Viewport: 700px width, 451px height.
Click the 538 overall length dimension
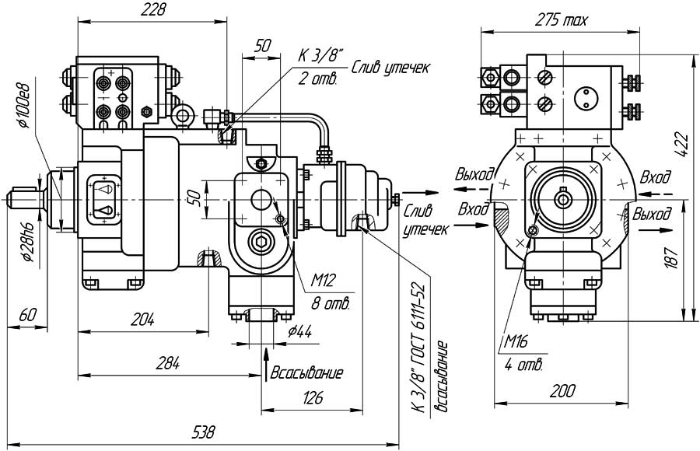203,432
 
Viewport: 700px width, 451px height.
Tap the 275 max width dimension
562,20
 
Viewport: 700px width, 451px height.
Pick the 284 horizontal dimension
168,362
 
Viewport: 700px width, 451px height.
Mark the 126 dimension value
312,399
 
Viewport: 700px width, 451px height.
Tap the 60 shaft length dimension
28,315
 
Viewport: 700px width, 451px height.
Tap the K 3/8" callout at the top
319,56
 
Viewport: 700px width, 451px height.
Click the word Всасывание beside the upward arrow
306,373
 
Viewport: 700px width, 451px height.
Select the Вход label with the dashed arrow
655,178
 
